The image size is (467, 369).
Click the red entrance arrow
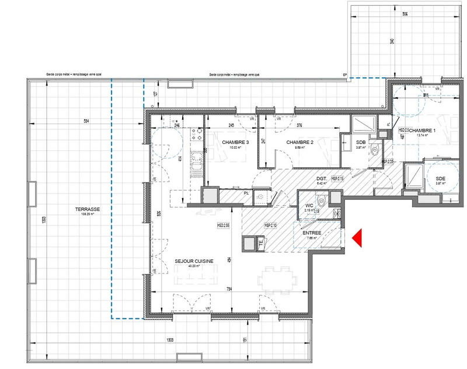(x=358, y=238)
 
